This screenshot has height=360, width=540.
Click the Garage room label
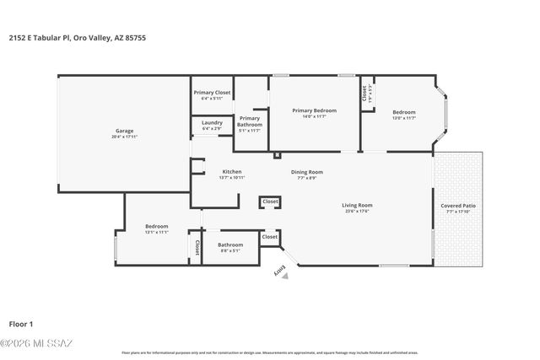124,131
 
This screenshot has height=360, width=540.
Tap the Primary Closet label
212,92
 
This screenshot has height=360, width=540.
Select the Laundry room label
212,123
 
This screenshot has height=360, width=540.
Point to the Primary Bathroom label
250,121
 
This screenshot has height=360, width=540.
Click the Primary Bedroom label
314,110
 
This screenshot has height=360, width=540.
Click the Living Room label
357,205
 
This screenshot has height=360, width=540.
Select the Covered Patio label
458,206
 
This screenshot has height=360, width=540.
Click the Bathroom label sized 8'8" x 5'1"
230,244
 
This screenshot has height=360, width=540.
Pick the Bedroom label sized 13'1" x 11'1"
156,226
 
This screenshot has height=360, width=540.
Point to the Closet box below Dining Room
270,202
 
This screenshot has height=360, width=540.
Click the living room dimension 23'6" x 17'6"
357,211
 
